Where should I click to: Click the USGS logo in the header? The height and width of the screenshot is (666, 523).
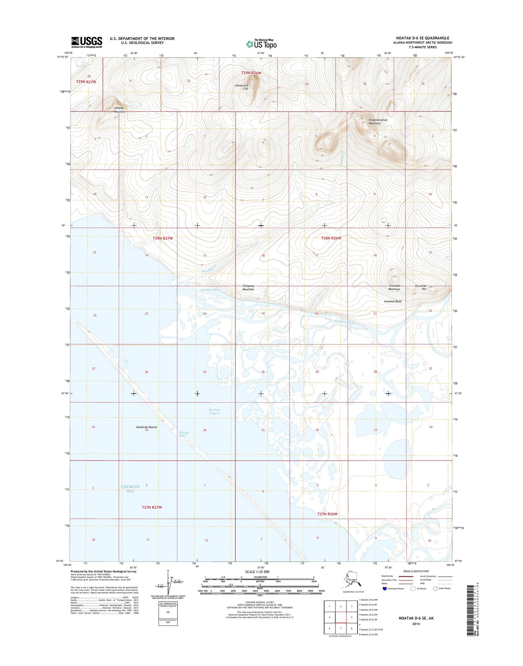click(87, 42)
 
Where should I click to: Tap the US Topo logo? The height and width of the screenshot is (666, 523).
click(261, 44)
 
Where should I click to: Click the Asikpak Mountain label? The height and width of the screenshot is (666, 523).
click(119, 110)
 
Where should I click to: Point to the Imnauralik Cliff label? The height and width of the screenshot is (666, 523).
click(241, 87)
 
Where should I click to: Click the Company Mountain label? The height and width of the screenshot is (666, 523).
click(248, 287)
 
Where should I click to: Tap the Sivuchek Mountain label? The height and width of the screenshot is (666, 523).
click(394, 287)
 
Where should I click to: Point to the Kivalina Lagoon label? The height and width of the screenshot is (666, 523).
click(215, 411)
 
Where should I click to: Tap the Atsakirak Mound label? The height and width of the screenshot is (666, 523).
click(146, 427)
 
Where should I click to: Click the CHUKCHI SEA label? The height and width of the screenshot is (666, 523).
click(130, 489)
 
